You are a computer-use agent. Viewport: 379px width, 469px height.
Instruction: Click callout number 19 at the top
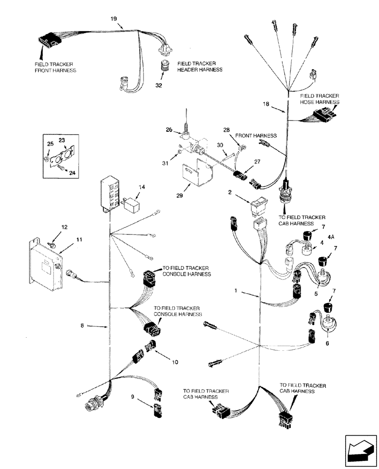coord(114,19)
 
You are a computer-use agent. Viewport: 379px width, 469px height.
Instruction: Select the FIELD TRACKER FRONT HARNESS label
coord(55,67)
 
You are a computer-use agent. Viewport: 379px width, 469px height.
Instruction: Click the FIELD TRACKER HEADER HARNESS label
coord(199,66)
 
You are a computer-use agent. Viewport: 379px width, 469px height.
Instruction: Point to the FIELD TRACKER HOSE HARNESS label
coord(320,98)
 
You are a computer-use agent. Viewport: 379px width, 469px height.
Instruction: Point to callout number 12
coord(65,227)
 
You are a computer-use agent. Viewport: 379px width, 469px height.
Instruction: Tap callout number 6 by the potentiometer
coord(327,343)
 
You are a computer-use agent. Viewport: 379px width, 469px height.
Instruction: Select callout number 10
coord(174,362)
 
